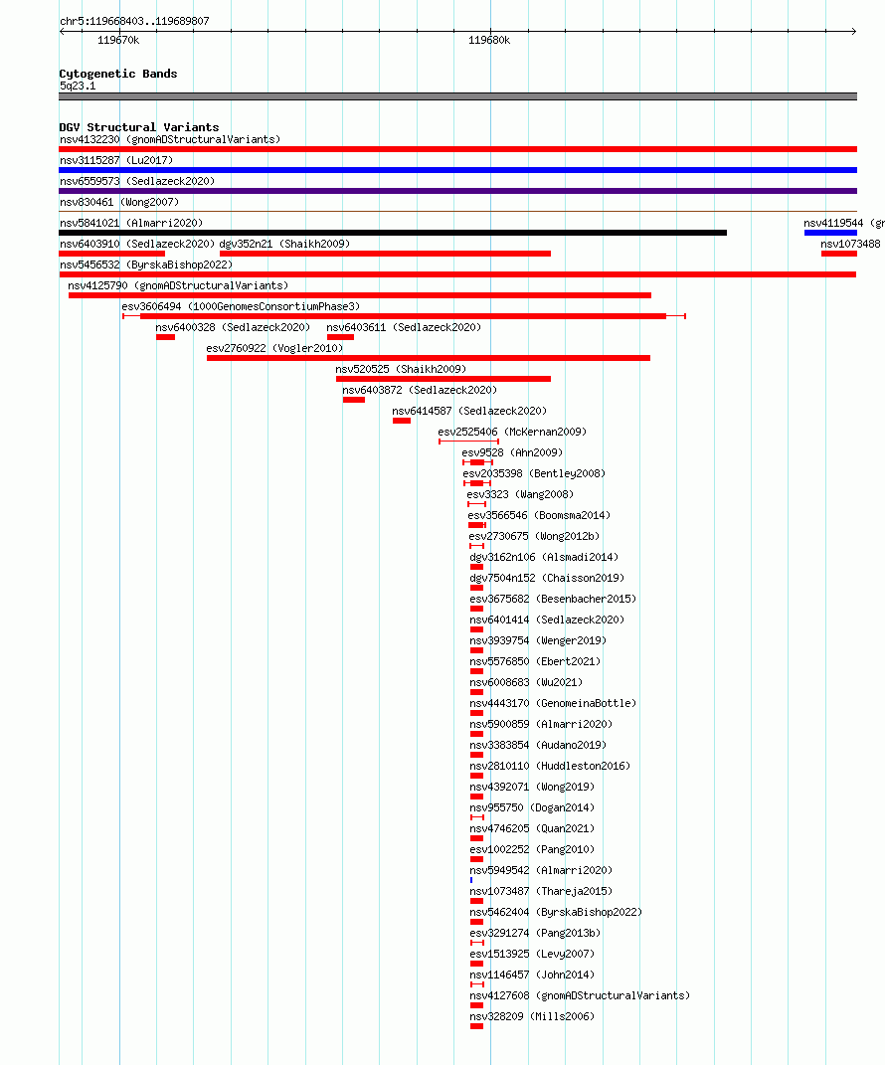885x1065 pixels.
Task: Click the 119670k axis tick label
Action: point(118,40)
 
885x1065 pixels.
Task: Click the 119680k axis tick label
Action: point(489,40)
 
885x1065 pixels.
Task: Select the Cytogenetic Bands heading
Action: point(118,74)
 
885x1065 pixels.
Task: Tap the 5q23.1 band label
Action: point(78,87)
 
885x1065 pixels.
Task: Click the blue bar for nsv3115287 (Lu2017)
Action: point(457,170)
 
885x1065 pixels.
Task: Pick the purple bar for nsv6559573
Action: point(457,191)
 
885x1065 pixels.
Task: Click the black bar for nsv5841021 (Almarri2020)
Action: point(393,233)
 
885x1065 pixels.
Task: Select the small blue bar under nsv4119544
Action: point(830,233)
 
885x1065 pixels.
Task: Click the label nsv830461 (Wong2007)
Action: point(119,202)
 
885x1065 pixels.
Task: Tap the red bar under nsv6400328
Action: point(166,337)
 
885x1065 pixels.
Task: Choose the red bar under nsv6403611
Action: point(340,337)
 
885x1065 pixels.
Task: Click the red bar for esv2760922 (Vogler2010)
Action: point(429,358)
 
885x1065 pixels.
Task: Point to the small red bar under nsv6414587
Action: point(402,421)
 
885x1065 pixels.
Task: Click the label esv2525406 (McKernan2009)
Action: point(512,432)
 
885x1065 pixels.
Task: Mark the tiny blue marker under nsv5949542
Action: point(471,880)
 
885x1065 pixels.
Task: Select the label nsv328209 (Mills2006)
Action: point(532,1017)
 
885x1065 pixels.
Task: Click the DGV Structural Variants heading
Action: point(139,127)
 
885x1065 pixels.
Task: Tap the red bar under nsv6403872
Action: point(354,400)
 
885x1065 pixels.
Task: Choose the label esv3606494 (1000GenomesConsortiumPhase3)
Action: point(241,306)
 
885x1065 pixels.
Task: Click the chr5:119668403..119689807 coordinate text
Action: point(134,21)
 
